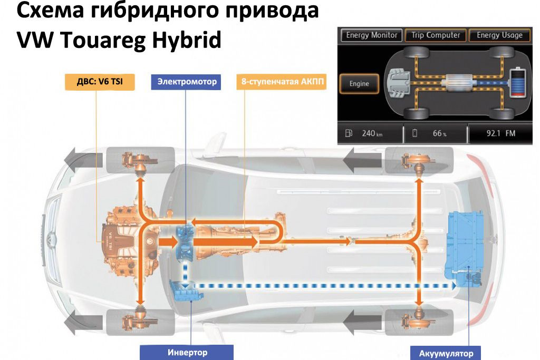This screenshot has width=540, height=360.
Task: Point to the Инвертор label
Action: point(187,352)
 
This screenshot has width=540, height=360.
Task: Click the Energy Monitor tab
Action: point(372,35)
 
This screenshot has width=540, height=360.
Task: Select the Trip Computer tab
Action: point(436,35)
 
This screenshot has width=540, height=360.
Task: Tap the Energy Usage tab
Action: point(499,35)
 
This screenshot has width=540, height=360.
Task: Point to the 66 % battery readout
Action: point(439,133)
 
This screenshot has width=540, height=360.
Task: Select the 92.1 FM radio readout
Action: point(500,133)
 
